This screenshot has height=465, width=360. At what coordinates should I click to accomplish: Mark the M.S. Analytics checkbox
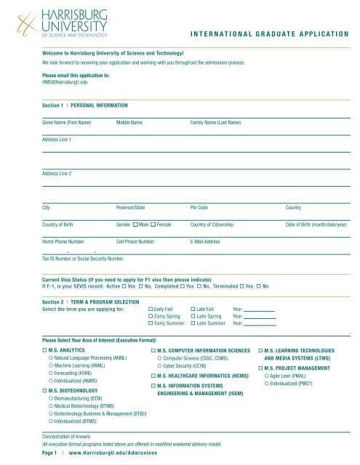[45, 351]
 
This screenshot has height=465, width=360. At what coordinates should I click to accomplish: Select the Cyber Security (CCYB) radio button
[161, 367]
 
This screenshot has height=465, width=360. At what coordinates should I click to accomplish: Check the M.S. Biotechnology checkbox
[45, 391]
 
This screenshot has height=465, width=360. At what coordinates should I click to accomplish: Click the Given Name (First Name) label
[66, 123]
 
